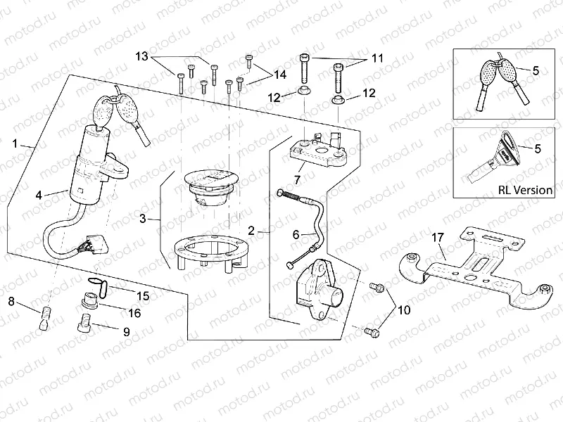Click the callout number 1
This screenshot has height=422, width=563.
pyautogui.click(x=15, y=143)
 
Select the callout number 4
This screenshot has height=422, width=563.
pyautogui.click(x=40, y=195)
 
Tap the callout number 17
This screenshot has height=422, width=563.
pyautogui.click(x=437, y=237)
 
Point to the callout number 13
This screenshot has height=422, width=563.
pyautogui.click(x=142, y=56)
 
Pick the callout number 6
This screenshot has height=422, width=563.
pyautogui.click(x=296, y=234)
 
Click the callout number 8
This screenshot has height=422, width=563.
pyautogui.click(x=12, y=302)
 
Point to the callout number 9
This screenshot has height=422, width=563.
pyautogui.click(x=126, y=331)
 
